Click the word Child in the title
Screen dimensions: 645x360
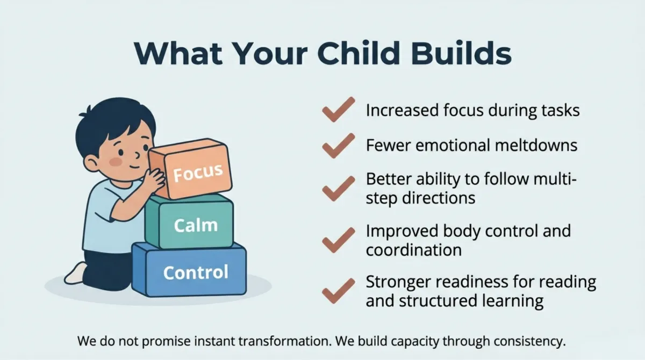point(359,53)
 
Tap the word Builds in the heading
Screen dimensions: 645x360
point(462,53)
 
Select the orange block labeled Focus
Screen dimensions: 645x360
point(191,169)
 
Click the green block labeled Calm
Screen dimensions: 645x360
point(189,221)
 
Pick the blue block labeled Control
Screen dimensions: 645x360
point(189,270)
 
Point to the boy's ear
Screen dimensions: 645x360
point(91,164)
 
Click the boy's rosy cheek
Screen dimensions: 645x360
point(116,162)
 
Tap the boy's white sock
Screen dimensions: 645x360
point(75,273)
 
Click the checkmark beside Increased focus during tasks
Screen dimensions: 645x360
point(339,110)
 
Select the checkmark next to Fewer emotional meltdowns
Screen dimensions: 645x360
point(339,146)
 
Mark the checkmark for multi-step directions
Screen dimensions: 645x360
point(339,189)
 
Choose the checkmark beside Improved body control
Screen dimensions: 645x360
point(339,240)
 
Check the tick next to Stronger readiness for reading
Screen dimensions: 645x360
point(339,291)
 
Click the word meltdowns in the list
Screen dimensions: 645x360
point(536,145)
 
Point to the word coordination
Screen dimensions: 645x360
point(414,250)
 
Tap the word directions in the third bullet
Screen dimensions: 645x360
point(439,198)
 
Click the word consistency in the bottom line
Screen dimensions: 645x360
point(530,342)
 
